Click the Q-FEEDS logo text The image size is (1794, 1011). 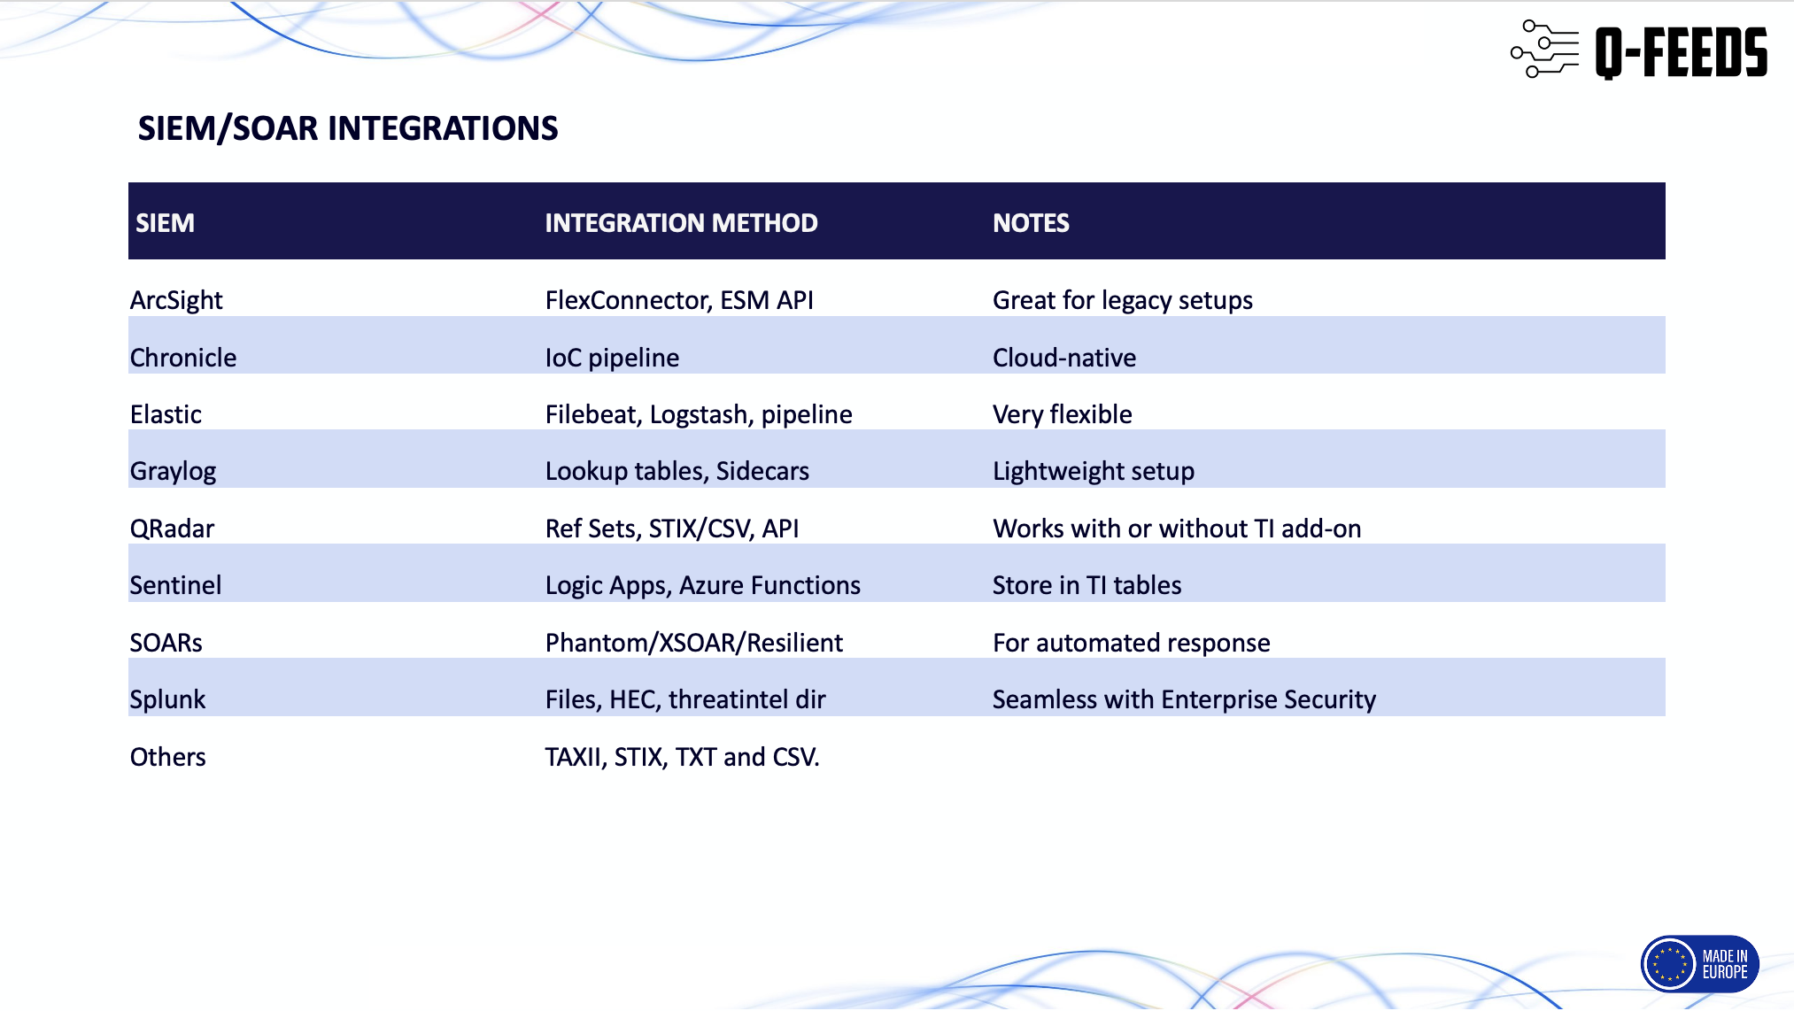[1681, 52]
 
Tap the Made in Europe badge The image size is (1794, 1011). [1699, 964]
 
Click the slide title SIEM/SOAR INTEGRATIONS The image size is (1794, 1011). [348, 128]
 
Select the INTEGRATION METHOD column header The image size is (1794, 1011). [681, 223]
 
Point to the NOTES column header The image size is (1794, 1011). [1031, 223]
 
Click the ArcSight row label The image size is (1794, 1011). [176, 301]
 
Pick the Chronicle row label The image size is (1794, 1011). [183, 358]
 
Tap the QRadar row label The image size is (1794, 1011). [172, 529]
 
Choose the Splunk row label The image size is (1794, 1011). [167, 700]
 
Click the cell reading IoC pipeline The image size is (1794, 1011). [612, 358]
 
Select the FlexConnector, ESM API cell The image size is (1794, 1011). [679, 300]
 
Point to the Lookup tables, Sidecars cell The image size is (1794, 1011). [677, 471]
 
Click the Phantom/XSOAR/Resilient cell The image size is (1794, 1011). [694, 643]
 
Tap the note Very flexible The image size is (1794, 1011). [1063, 414]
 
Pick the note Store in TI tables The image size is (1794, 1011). [1087, 585]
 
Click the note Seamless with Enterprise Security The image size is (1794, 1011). [1185, 700]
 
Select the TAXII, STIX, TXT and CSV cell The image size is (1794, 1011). [683, 757]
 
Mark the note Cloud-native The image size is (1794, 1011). [1064, 358]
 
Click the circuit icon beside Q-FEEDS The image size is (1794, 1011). [1545, 49]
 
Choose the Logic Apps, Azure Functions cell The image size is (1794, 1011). [703, 586]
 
